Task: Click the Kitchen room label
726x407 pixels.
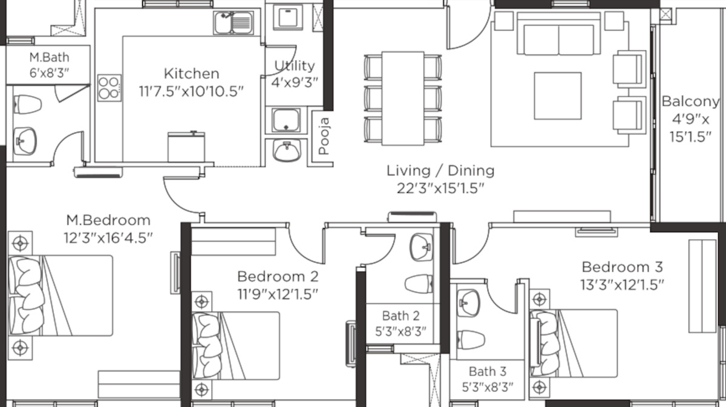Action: (x=192, y=74)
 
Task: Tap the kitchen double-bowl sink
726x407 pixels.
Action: (x=234, y=23)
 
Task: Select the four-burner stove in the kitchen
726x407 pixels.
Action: (x=110, y=88)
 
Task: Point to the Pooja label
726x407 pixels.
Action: (x=324, y=136)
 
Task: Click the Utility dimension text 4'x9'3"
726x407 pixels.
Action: (x=295, y=83)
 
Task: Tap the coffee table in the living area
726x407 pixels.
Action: (x=558, y=96)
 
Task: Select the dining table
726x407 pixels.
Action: (x=403, y=98)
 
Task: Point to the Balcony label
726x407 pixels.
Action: (x=690, y=102)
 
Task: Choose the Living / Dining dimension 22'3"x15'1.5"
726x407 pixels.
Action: (x=440, y=188)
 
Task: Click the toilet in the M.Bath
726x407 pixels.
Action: (x=28, y=105)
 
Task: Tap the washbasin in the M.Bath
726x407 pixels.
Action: (x=25, y=141)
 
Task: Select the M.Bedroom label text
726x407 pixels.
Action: (x=108, y=220)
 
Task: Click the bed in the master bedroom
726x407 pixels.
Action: (x=60, y=296)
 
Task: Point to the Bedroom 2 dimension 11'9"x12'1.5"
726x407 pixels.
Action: (x=278, y=295)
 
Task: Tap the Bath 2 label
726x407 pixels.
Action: (x=401, y=316)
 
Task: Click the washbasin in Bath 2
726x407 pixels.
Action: (x=421, y=247)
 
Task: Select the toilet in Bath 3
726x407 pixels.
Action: (x=471, y=340)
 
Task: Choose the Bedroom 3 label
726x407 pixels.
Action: (x=623, y=267)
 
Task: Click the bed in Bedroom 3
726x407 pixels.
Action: (x=574, y=343)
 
